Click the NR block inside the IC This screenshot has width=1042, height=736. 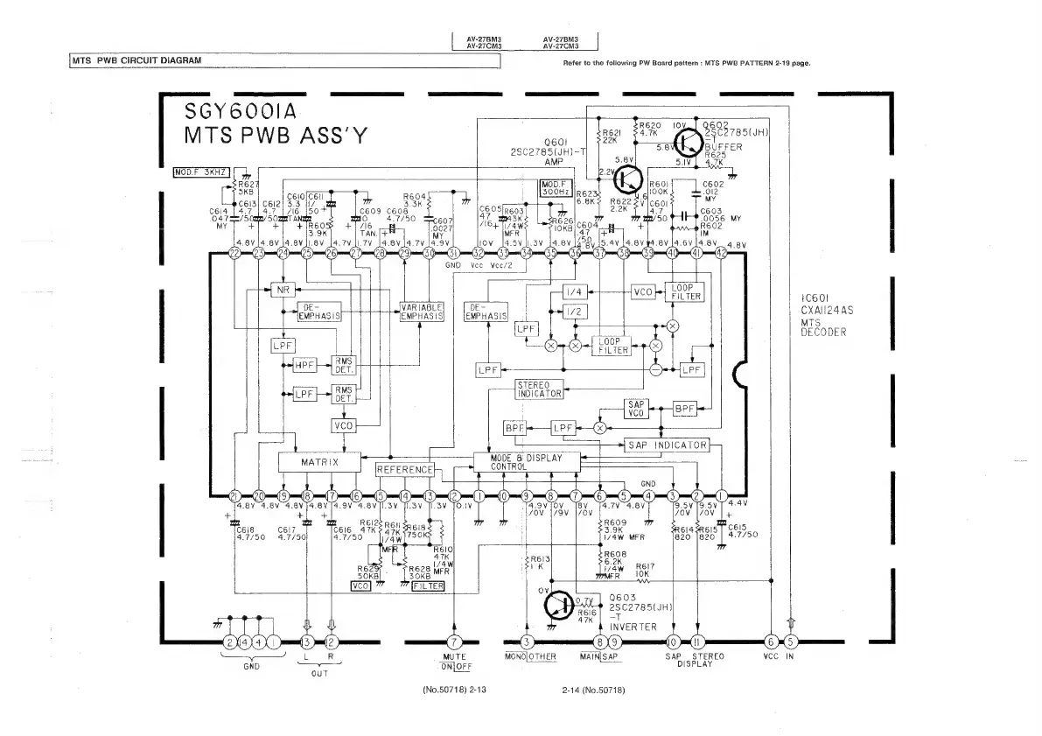coord(283,289)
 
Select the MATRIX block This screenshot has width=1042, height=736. coord(319,461)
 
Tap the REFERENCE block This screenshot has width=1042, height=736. coord(405,470)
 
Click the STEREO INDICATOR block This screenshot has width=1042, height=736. coord(539,389)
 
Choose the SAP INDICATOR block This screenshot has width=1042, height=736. coord(668,445)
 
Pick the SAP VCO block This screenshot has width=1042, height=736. coord(635,409)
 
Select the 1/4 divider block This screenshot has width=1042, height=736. coord(575,291)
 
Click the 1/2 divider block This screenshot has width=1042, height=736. coord(575,312)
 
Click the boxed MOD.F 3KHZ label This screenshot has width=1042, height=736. coord(201,171)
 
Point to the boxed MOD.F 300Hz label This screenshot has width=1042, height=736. coord(556,186)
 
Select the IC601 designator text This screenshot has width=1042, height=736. coord(815,298)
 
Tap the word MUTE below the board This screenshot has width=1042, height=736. coord(453,655)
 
